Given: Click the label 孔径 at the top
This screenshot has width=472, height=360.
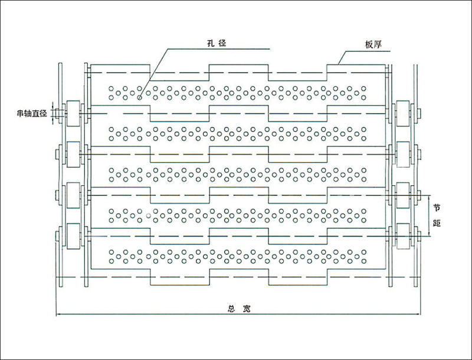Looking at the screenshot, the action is point(217,43).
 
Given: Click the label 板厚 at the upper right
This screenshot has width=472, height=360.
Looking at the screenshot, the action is point(373,45).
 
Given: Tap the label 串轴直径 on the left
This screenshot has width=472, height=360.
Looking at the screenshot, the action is point(32,113).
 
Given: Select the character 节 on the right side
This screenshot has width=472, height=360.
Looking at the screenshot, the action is point(437,207).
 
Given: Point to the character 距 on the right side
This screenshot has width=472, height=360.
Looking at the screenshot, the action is point(437,223).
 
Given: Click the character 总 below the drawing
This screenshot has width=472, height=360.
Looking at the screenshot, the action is point(231,309).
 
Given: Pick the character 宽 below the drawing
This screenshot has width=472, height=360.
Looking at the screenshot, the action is point(247,309).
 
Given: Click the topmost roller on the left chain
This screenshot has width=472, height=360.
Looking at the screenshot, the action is point(73,113).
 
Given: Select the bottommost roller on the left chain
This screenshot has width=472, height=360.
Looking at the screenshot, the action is point(73,236).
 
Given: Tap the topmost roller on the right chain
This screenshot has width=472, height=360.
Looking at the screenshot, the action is point(403,113).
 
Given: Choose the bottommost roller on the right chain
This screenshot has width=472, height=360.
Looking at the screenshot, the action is point(403,236).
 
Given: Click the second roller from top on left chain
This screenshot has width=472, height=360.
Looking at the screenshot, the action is point(73,154).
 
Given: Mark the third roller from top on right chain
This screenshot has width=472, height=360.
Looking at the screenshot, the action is point(403,195).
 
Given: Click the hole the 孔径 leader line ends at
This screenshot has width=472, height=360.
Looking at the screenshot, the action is point(139,97).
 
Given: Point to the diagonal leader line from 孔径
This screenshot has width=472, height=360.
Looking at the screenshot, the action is point(154,73).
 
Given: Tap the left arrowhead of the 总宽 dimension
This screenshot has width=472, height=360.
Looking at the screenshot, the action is point(58,314).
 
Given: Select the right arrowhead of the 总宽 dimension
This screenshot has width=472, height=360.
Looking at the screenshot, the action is point(418,314).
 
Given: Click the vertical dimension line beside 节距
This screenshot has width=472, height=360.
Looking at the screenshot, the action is point(429,215).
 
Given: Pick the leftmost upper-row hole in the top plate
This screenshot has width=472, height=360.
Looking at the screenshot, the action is point(112,89).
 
